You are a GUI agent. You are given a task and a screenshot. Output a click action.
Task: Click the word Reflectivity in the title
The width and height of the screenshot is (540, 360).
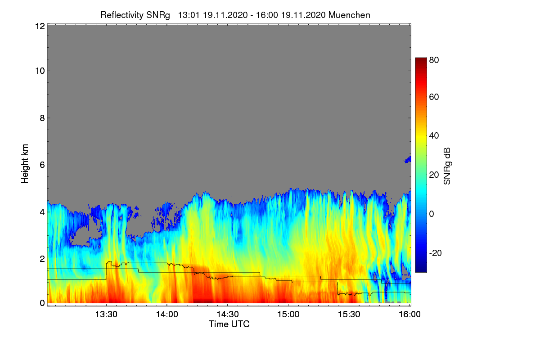coord(122,15)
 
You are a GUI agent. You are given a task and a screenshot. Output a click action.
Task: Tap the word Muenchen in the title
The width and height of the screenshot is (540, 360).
coord(349,15)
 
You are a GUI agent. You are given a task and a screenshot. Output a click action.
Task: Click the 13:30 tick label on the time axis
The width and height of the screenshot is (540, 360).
coord(106,314)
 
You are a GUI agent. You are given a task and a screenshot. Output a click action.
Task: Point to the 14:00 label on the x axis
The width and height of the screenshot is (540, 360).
coord(167,314)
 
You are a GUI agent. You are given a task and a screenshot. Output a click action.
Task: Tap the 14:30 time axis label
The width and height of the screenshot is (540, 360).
coord(228,314)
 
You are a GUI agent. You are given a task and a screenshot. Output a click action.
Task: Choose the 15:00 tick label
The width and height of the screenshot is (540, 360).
coord(288,314)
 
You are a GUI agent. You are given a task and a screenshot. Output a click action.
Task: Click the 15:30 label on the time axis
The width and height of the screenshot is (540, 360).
coord(349,314)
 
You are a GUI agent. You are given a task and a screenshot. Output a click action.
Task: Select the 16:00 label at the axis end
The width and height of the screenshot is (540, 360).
coord(409,314)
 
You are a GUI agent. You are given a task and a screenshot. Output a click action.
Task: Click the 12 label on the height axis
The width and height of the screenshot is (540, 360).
coord(40,26)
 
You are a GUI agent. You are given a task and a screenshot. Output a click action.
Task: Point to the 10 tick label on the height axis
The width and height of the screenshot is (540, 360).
coord(40,71)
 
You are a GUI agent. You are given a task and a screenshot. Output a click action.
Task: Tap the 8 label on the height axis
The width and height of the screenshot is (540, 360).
coord(42,118)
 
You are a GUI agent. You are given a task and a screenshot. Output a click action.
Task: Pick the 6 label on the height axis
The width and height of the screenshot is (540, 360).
coord(42,165)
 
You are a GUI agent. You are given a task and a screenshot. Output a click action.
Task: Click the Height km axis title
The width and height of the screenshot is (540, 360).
coord(25,164)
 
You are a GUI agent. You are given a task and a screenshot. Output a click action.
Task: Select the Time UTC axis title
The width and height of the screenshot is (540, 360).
coord(229,324)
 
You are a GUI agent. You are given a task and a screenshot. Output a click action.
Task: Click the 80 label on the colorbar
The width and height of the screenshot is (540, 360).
coord(434,60)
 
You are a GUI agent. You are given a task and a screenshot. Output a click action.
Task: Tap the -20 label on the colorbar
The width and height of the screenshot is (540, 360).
coord(436,253)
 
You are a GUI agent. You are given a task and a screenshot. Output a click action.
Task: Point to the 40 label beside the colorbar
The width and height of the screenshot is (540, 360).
coord(434,136)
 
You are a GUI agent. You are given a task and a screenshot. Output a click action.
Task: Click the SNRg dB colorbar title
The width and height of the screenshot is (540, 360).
coord(447,166)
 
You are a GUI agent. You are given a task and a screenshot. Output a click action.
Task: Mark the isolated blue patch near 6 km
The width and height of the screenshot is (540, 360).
coord(408,160)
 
